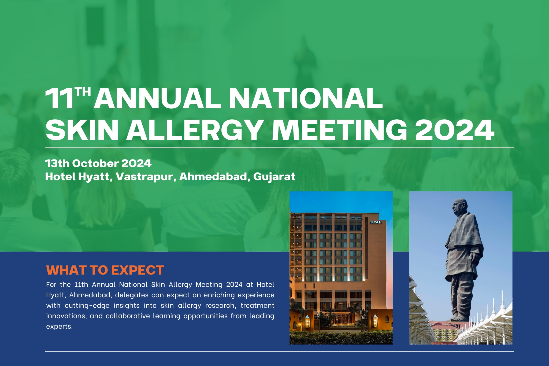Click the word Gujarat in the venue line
tap(274, 177)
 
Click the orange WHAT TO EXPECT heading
tap(105, 270)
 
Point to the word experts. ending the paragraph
tap(59, 327)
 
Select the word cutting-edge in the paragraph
tap(87, 306)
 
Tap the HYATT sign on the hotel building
tap(377, 222)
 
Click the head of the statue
tap(458, 206)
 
